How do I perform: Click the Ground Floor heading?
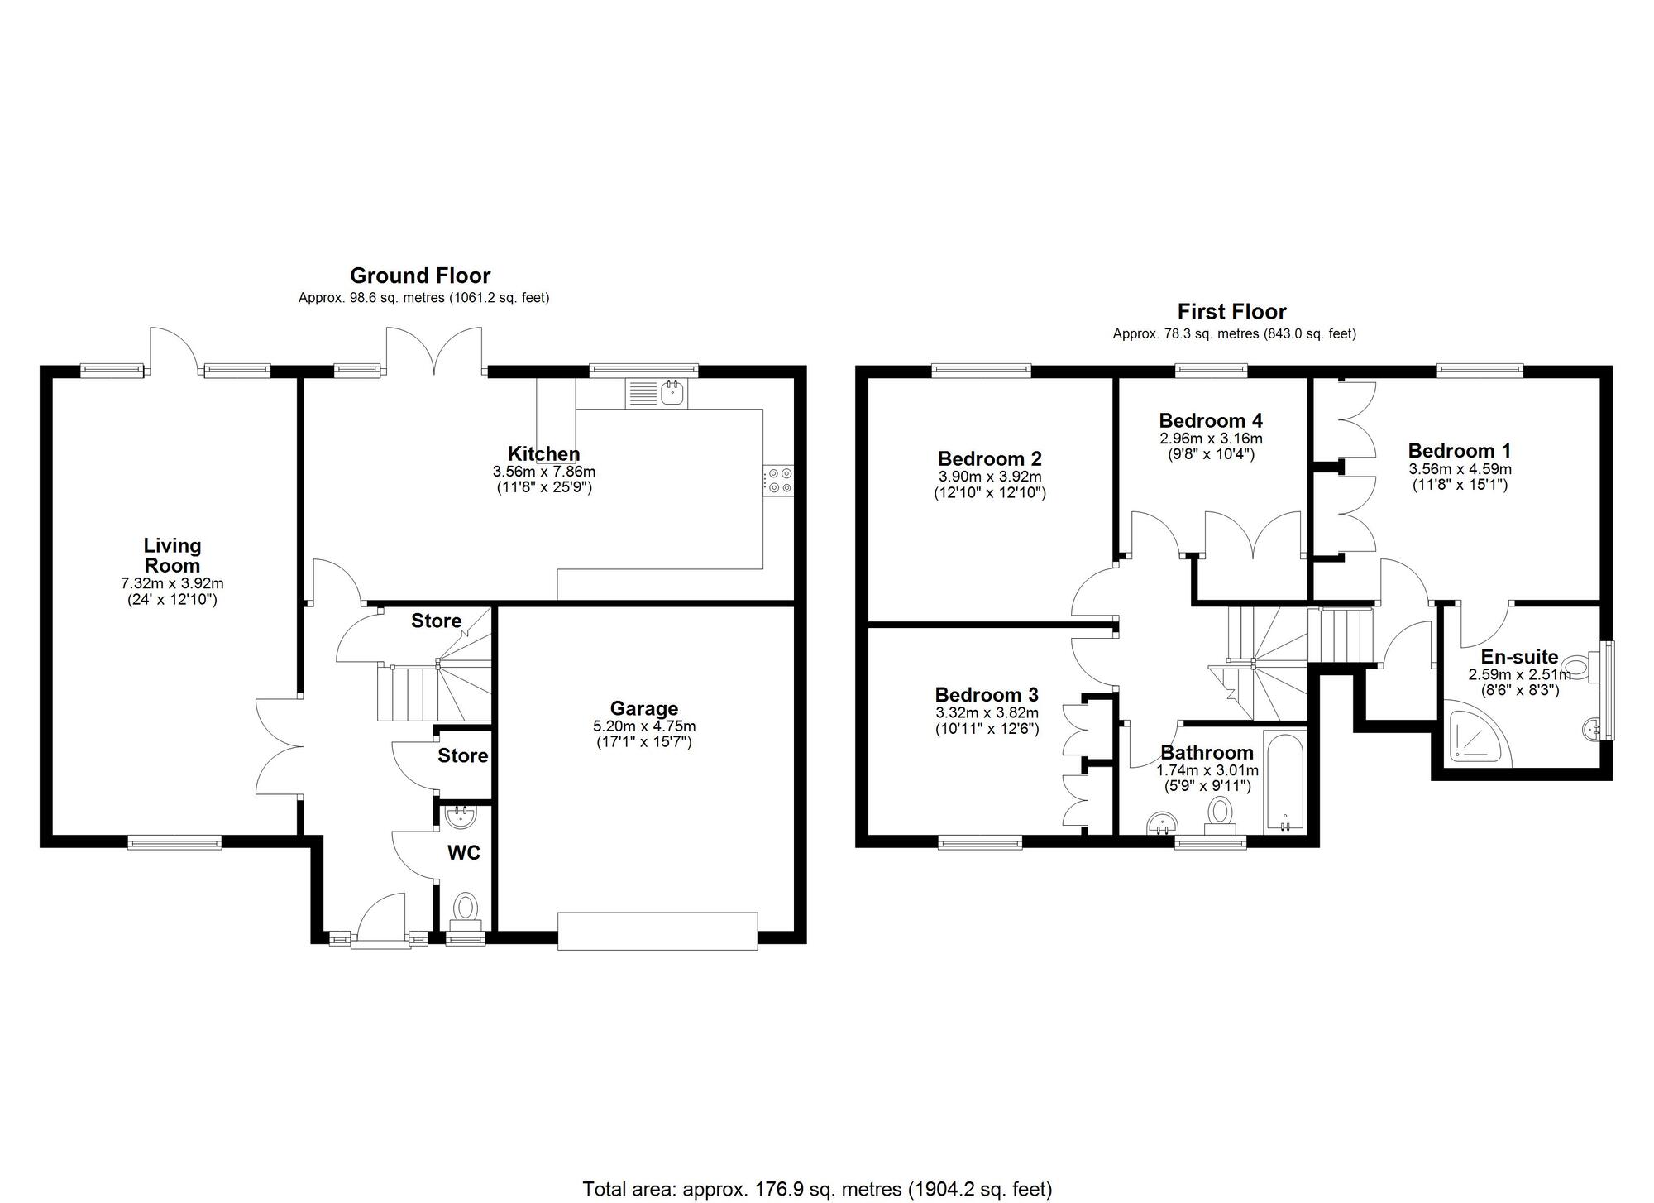(x=419, y=276)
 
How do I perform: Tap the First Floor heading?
(x=1231, y=312)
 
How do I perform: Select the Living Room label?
(x=172, y=555)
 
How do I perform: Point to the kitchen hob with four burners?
(x=777, y=481)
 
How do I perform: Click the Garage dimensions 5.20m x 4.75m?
(x=643, y=726)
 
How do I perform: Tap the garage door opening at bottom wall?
(x=657, y=931)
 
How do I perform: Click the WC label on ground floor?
(x=463, y=852)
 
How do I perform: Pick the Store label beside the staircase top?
(x=436, y=621)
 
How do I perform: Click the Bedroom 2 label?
(x=989, y=458)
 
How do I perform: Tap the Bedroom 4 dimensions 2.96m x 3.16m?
(x=1211, y=439)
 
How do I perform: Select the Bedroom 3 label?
(x=986, y=694)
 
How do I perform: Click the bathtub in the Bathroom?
(x=1284, y=782)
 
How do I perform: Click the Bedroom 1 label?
(x=1459, y=451)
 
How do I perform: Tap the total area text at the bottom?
(x=817, y=1189)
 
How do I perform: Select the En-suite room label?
(x=1518, y=657)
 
